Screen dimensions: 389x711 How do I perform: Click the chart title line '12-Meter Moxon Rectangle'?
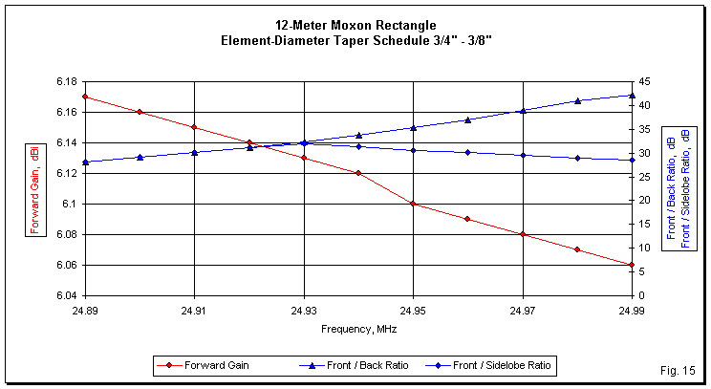pos(355,24)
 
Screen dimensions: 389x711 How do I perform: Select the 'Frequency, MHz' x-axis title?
pos(358,328)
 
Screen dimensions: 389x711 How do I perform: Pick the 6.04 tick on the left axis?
pos(66,295)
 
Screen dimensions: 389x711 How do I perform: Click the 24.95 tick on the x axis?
pos(413,311)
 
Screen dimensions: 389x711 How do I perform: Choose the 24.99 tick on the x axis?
pos(632,311)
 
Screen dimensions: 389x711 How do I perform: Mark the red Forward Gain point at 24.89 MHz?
pos(85,97)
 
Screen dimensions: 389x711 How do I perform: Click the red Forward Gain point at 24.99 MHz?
pos(632,265)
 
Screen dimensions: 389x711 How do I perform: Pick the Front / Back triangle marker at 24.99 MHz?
pos(632,95)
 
